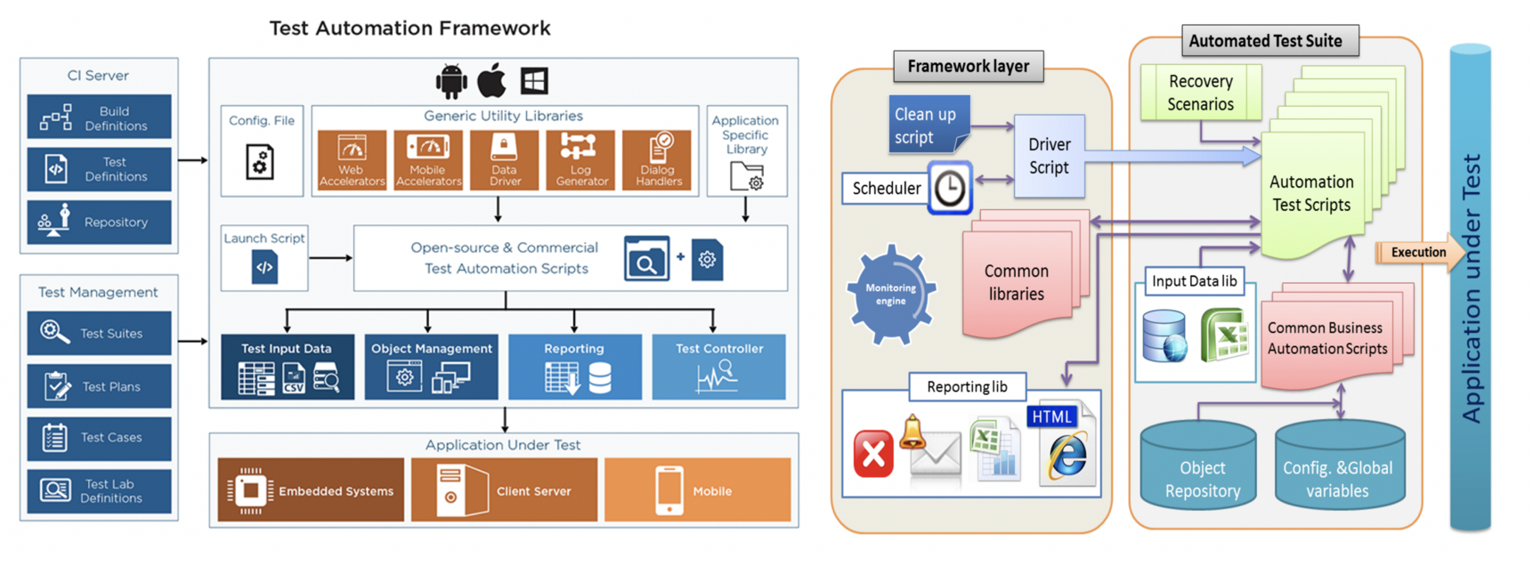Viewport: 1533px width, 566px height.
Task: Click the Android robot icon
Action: coord(451,81)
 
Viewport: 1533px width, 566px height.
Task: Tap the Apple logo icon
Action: coord(491,81)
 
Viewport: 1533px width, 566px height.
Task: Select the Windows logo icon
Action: coord(534,81)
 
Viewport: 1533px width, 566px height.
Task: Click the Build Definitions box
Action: coord(99,117)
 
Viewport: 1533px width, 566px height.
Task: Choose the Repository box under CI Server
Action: coord(99,222)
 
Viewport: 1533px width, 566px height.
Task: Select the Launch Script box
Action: coord(264,258)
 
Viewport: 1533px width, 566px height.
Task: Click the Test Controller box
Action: coord(718,367)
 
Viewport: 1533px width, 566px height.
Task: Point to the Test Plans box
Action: coord(99,386)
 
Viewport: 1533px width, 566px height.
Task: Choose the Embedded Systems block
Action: coord(311,490)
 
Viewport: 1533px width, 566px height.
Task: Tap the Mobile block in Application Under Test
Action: coord(697,490)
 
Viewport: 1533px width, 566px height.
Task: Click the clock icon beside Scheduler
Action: coord(950,188)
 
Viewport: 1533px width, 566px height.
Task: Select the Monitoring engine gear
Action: coord(890,294)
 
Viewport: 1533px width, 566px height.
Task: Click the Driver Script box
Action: coord(1050,157)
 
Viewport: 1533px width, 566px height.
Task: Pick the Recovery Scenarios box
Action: coord(1200,93)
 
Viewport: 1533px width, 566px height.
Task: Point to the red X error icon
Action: coord(873,454)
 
